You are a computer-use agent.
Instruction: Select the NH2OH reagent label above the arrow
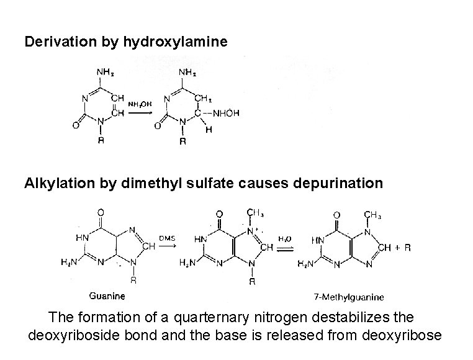pos(140,104)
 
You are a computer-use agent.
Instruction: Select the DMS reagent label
pos(167,236)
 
